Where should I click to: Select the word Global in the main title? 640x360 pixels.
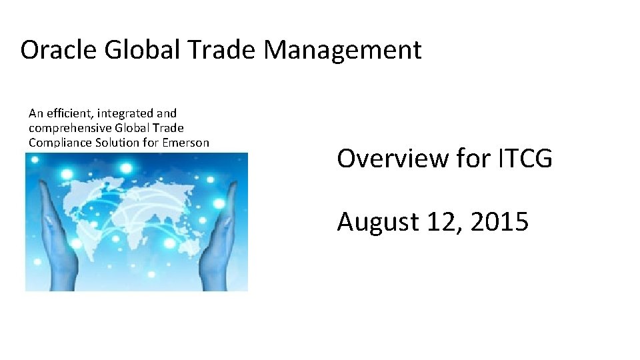136,50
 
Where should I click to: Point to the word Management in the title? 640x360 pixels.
343,51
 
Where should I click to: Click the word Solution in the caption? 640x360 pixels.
111,142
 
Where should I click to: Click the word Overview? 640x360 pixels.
383,159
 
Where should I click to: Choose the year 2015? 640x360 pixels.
499,222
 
